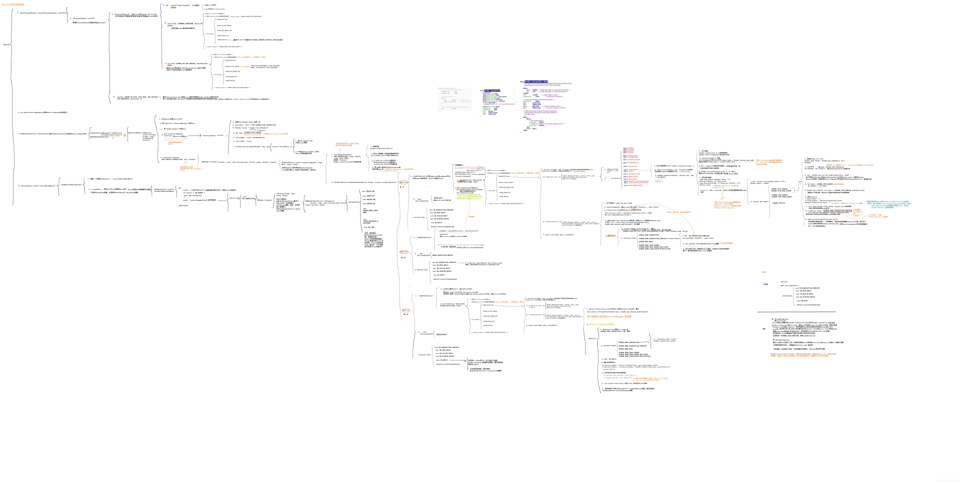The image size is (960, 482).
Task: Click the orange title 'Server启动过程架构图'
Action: (13, 4)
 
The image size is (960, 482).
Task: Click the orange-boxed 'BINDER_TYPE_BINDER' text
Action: (253, 133)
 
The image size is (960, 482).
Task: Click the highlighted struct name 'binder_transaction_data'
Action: (536, 81)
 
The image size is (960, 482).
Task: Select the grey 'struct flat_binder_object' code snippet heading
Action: (447, 88)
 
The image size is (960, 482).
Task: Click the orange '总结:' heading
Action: (764, 272)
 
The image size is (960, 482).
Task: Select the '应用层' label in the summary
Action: (765, 284)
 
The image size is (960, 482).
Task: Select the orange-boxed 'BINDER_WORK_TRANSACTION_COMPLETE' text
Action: (837, 211)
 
